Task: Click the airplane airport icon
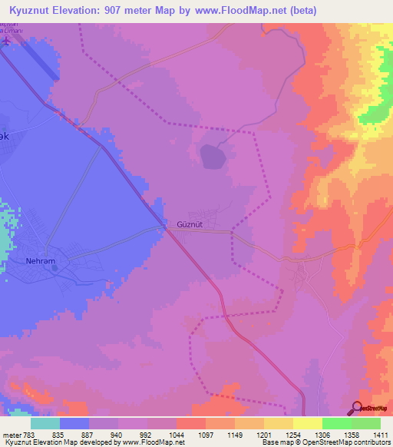[x=6, y=40]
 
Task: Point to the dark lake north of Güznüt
[x=214, y=156]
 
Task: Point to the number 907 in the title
[x=124, y=12]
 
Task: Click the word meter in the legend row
[x=12, y=435]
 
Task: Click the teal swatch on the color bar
[x=45, y=423]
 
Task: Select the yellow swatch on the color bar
[x=306, y=423]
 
